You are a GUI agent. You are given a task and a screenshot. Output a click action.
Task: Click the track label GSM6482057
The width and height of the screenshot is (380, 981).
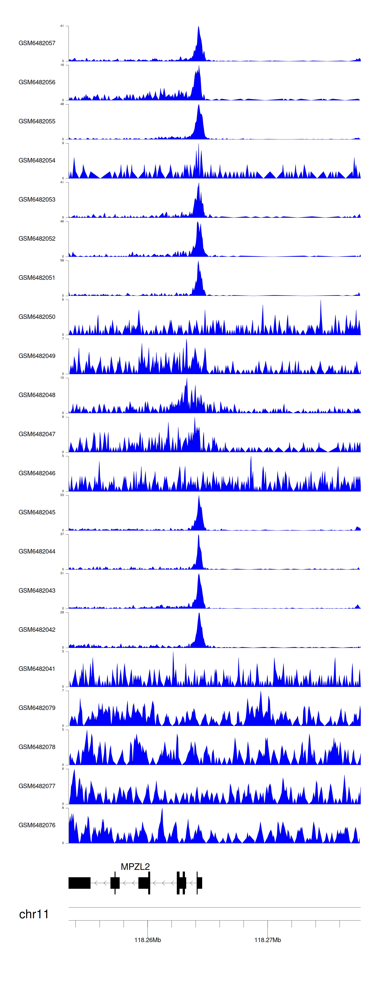point(37,43)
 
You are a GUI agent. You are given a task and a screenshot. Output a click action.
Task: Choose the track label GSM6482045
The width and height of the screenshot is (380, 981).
point(37,512)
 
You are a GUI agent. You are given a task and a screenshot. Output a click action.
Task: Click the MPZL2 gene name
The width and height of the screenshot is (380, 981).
point(135,866)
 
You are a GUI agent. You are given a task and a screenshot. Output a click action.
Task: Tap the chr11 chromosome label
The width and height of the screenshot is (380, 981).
point(34,914)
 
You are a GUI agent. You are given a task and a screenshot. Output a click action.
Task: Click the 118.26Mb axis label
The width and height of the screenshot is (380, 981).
point(148,940)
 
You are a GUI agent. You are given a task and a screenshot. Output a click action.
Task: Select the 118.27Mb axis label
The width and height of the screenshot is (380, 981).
point(268,940)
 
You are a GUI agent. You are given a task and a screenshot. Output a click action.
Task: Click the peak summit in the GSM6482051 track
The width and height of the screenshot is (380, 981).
point(198,262)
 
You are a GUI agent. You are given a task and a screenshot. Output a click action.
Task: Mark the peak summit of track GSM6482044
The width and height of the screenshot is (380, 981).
point(198,535)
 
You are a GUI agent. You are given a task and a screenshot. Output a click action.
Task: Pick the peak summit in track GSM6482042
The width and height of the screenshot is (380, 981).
point(199,613)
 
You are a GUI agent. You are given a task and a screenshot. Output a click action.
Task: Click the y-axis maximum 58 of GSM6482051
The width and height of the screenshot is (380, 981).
point(62,261)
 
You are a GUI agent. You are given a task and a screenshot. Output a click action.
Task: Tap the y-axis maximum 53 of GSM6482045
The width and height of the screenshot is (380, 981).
point(62,495)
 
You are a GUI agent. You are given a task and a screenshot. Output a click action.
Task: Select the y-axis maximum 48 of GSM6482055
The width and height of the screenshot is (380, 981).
point(62,104)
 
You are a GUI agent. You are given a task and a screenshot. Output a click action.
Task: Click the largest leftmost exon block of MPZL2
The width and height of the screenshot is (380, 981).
point(80,883)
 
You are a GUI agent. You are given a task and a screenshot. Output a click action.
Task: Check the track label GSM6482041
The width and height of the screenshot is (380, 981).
point(37,669)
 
